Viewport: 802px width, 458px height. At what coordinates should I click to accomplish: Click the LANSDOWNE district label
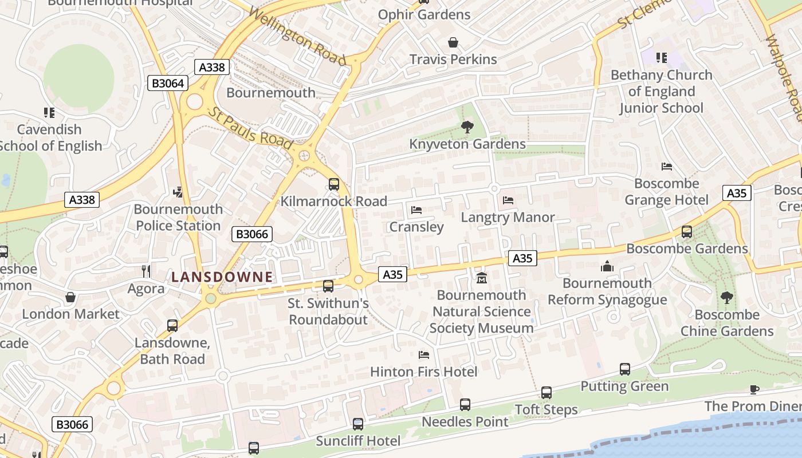click(222, 277)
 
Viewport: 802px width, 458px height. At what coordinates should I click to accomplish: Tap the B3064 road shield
click(168, 83)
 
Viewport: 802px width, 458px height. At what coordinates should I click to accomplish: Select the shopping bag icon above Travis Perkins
click(453, 42)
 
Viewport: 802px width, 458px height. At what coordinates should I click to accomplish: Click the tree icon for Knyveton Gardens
click(467, 127)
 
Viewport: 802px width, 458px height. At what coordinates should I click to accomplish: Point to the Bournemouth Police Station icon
click(178, 192)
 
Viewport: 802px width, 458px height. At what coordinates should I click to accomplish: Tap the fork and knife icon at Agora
click(146, 271)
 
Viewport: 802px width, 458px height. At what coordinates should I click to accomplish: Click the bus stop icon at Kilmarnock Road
click(334, 184)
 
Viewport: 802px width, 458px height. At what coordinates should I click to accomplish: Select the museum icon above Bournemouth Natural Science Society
click(481, 278)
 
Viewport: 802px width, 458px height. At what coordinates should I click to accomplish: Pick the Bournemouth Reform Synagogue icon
click(607, 266)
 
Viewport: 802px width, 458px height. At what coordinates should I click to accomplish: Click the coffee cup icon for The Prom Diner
click(754, 389)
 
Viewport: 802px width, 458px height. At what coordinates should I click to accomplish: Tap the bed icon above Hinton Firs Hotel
click(424, 355)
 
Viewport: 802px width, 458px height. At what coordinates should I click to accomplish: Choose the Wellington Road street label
click(298, 37)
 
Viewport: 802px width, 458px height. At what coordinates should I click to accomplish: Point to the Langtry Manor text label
click(508, 218)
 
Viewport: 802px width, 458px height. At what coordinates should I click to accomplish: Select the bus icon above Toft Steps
click(547, 393)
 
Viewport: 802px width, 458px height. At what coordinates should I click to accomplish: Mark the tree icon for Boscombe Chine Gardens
click(727, 298)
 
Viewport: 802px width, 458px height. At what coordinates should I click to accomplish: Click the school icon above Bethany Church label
click(662, 58)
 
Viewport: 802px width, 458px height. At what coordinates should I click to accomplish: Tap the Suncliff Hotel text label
click(358, 441)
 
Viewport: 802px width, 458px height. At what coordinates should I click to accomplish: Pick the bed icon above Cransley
click(416, 210)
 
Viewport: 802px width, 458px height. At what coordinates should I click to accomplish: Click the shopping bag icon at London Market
click(70, 297)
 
